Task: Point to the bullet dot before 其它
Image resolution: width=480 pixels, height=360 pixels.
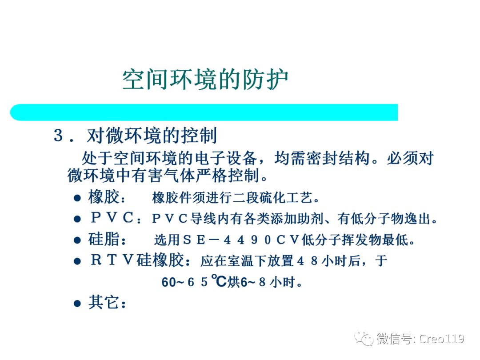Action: (x=77, y=304)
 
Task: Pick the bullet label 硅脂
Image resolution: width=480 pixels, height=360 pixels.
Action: (x=104, y=240)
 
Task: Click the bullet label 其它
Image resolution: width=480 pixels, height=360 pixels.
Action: (x=104, y=303)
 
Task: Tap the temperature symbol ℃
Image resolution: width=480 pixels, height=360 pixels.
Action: (x=218, y=281)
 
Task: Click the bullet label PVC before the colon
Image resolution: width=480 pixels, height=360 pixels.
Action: (x=112, y=219)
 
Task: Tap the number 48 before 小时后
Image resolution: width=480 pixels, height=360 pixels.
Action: (x=308, y=261)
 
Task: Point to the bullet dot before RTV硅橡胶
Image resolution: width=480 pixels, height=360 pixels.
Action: (x=77, y=262)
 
